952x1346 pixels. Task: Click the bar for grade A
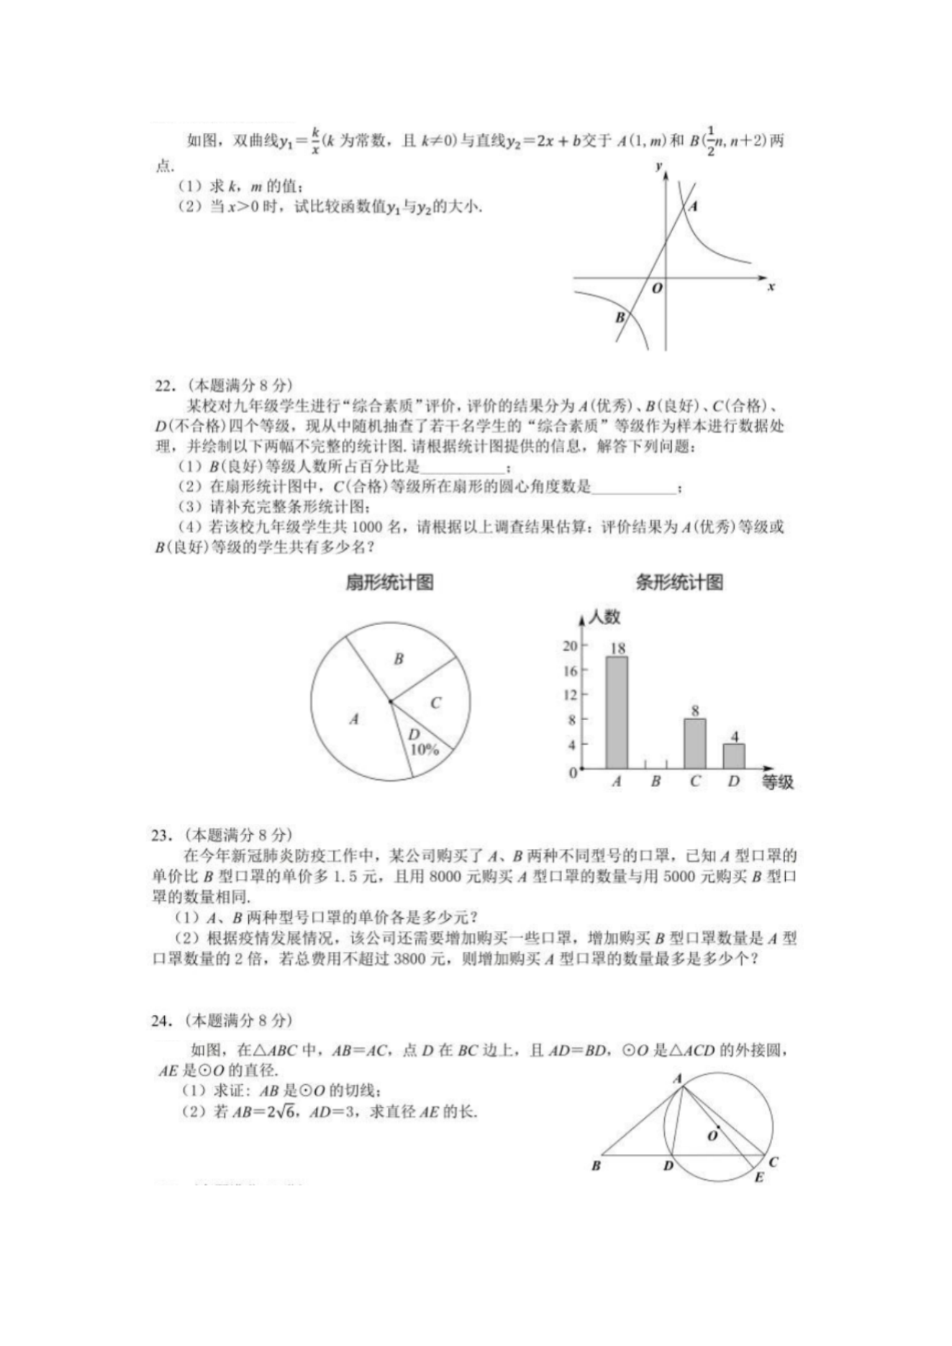[616, 712]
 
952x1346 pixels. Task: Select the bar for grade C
[694, 744]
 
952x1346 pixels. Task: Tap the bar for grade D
[733, 756]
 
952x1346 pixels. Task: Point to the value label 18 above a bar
[617, 648]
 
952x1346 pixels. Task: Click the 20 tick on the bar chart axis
[570, 645]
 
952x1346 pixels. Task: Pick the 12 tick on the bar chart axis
[570, 695]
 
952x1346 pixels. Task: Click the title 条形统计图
[679, 583]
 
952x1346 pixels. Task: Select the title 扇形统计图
[389, 583]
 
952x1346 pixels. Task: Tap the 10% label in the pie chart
[424, 749]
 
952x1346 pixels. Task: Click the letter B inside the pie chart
[399, 658]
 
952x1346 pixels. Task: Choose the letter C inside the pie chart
[435, 703]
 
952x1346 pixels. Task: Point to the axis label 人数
[604, 617]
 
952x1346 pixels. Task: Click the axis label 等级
[777, 782]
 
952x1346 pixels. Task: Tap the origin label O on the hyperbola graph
[656, 288]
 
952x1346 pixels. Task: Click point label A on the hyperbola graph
[693, 206]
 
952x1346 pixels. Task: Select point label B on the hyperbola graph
[620, 317]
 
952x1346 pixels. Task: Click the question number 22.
[165, 386]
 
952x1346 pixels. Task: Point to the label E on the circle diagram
[758, 1178]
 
